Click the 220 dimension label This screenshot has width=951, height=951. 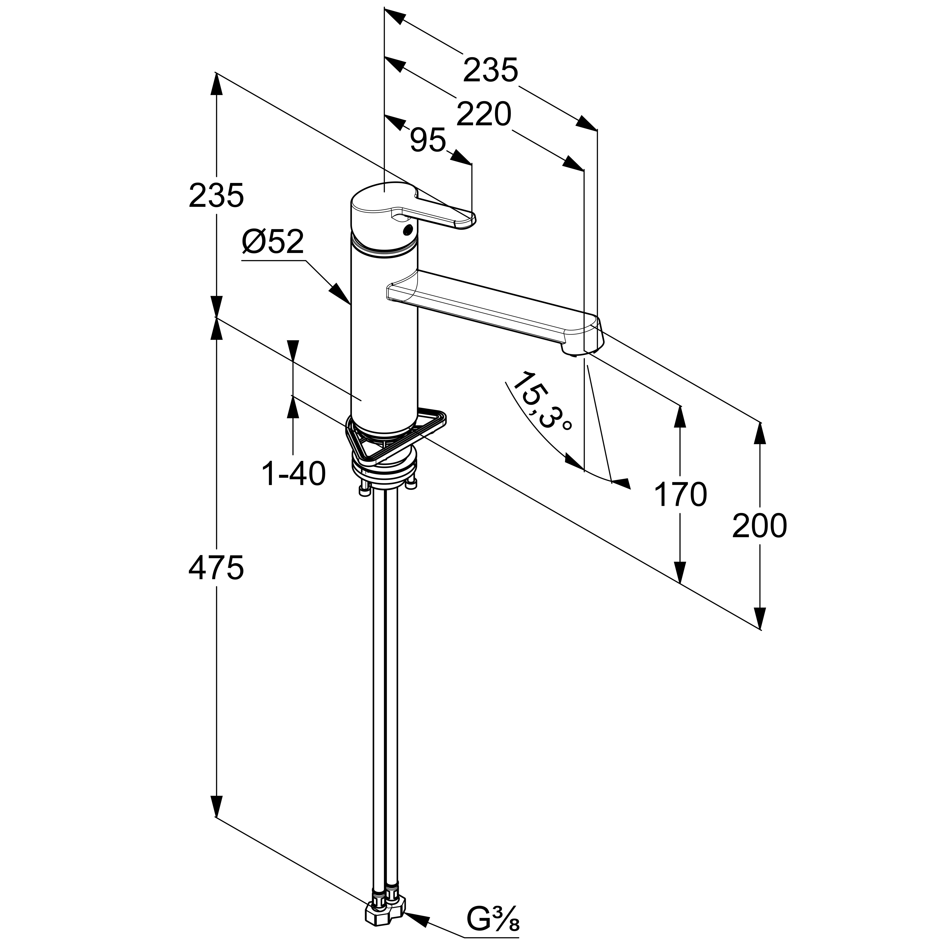click(484, 115)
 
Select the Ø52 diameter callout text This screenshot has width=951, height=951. click(273, 242)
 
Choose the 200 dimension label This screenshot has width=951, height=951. click(760, 526)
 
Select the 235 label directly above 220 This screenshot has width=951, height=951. click(491, 70)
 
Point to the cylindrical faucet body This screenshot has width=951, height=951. click(384, 345)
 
